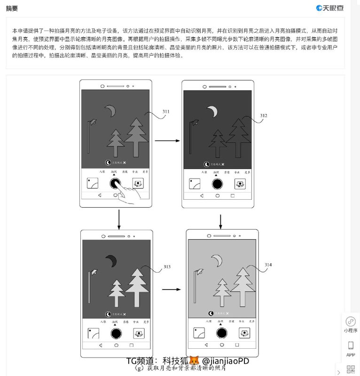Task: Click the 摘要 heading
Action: point(13,8)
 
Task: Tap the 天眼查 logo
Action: point(330,8)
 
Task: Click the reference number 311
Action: point(166,111)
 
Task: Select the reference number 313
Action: point(167,267)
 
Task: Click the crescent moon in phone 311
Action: point(110,111)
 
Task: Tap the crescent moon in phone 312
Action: point(213,111)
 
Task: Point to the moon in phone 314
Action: point(217,260)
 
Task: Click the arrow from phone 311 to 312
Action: point(167,140)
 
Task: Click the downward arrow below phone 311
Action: point(119,219)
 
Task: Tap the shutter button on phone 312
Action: point(217,184)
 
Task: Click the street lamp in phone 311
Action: point(90,136)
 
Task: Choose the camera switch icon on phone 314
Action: point(243,333)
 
